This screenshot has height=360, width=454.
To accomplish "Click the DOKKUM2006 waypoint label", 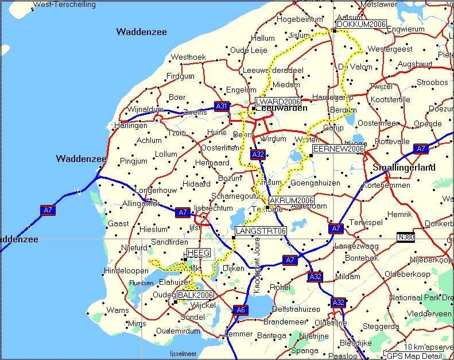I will click(361, 24).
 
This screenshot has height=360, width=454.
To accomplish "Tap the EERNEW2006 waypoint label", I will click(339, 149).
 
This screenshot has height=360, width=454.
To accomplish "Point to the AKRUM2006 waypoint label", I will click(291, 200).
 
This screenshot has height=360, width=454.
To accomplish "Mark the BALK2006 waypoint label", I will click(195, 295).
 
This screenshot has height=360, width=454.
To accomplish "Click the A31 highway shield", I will click(222, 106).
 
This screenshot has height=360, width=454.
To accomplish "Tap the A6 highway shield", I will click(240, 310).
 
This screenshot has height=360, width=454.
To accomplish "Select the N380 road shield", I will click(406, 237).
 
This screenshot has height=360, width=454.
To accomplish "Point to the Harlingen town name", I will click(130, 125).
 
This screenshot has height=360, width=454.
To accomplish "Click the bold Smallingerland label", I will click(403, 168).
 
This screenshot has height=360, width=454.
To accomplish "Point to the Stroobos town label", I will click(432, 83).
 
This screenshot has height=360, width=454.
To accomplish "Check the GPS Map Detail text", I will click(417, 355).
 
